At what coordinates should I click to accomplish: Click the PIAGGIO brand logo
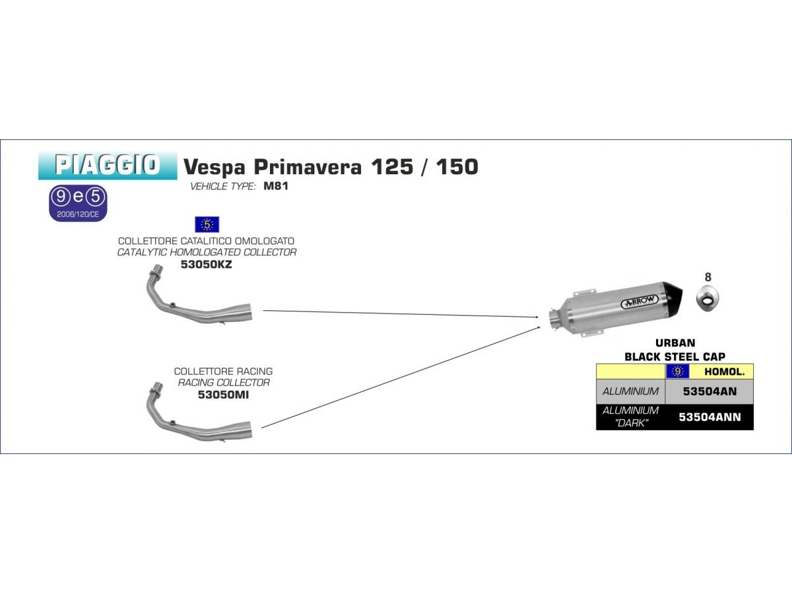tap(108, 166)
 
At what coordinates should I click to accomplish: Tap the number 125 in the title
tap(392, 166)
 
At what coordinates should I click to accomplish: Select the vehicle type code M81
tap(276, 186)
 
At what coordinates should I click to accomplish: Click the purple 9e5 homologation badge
tap(78, 203)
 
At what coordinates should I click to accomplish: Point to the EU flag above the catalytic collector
tap(207, 224)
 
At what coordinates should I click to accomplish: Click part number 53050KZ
tap(206, 265)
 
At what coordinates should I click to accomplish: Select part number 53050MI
tap(223, 395)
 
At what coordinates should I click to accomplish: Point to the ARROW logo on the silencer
tap(640, 302)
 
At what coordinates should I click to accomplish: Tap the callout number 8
tap(708, 277)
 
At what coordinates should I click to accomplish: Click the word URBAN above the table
tap(675, 343)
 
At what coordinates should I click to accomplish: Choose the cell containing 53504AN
tap(709, 391)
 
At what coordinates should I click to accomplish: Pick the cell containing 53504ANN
tap(709, 417)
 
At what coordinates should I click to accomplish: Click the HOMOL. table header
tap(725, 372)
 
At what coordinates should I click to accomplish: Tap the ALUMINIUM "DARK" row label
tap(630, 416)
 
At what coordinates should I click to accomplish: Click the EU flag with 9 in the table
tap(678, 372)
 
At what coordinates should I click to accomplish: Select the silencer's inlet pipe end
tap(554, 319)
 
